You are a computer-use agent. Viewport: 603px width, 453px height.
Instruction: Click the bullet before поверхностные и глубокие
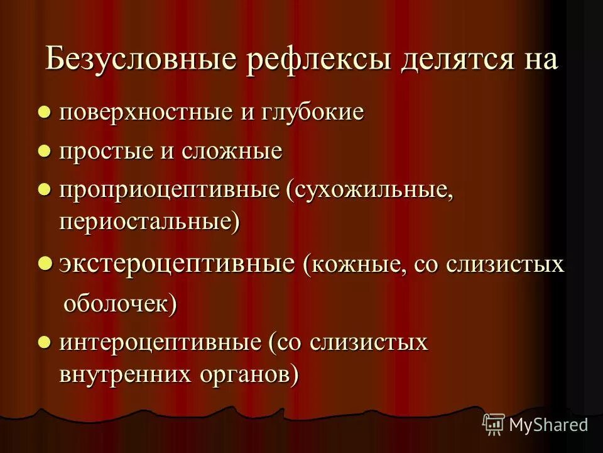click(x=44, y=112)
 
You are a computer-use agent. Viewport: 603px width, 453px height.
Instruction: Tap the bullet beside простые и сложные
click(x=44, y=151)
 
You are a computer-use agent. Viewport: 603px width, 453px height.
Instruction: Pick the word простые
click(x=107, y=152)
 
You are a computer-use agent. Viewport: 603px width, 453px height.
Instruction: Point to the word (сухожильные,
click(x=370, y=191)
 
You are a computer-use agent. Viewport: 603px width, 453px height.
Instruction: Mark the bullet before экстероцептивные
click(x=45, y=263)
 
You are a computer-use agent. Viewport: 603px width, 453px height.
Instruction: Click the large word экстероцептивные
click(x=177, y=264)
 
